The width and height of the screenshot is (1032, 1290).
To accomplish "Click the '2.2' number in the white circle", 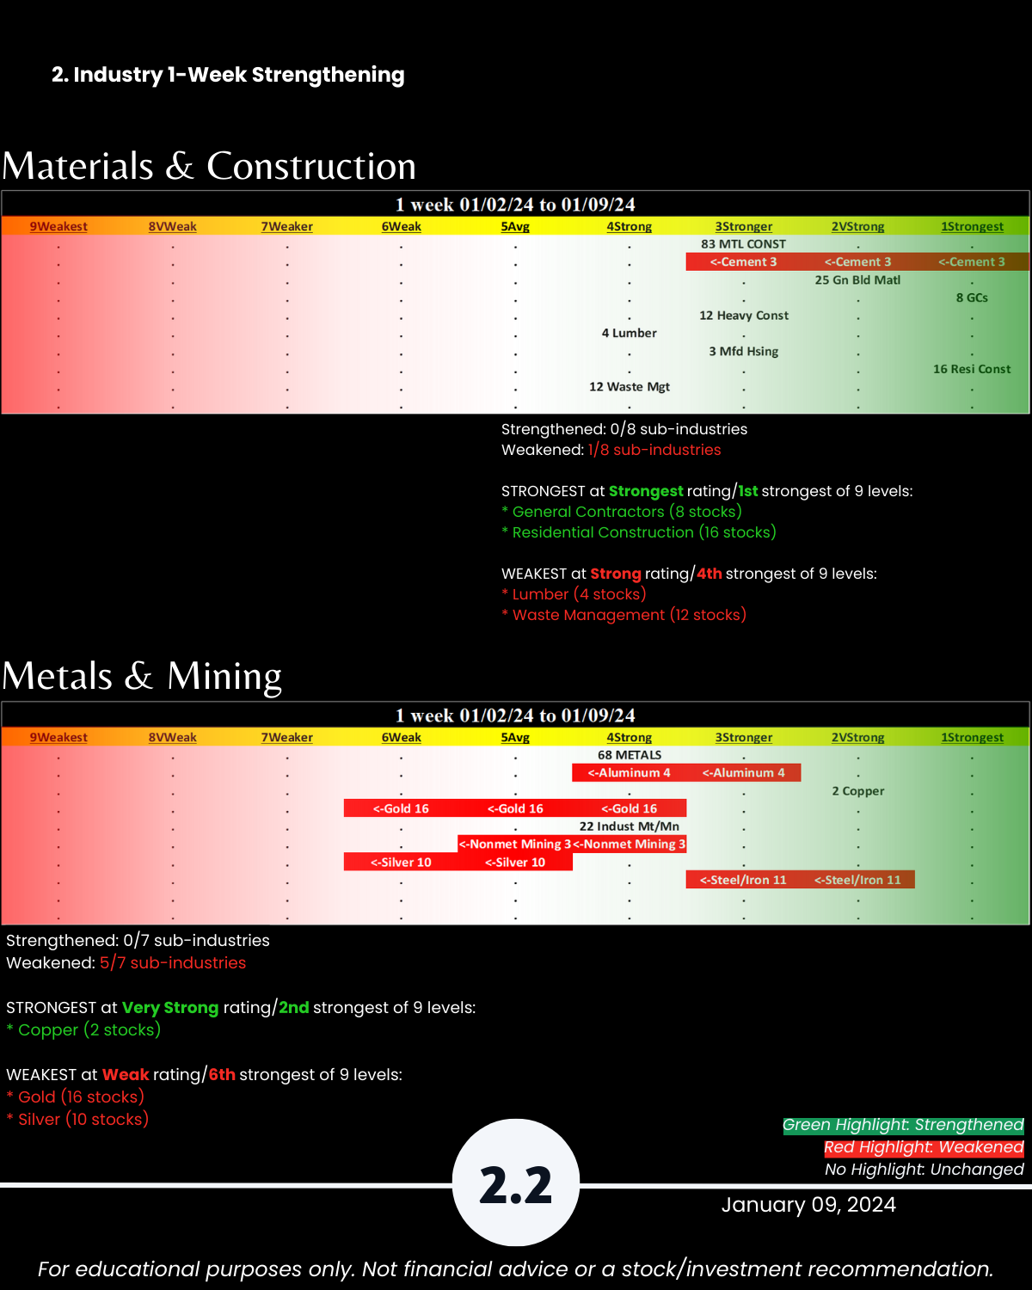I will [515, 1185].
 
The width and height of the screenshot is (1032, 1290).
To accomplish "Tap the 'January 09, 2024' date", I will [808, 1204].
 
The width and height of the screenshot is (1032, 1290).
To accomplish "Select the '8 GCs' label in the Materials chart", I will [972, 298].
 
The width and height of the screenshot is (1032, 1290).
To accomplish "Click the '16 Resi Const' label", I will [972, 369].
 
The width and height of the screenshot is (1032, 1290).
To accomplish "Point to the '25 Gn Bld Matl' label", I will [857, 279].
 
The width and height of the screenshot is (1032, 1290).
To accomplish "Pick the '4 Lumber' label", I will [629, 333].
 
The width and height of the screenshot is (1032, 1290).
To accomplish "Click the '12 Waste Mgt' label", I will [629, 387].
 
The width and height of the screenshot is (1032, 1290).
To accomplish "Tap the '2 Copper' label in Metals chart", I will [857, 791].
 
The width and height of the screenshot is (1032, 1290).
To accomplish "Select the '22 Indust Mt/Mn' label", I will [629, 826].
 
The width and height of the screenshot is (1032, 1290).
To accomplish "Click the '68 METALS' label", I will [629, 755].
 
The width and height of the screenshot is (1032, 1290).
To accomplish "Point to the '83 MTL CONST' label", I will [743, 244].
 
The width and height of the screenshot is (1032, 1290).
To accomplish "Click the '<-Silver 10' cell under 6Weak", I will [401, 863].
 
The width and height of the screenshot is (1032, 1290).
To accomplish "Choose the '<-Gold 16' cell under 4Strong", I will [629, 808].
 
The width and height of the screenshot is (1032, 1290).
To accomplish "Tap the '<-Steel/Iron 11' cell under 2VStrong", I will [857, 880].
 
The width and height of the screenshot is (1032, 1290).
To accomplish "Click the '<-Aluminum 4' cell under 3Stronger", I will [743, 773].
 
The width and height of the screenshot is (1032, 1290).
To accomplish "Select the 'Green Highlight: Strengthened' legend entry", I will [903, 1125].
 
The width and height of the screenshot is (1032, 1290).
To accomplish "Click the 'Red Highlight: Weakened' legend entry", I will [924, 1147].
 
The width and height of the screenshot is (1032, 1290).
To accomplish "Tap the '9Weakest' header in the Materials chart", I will [58, 226].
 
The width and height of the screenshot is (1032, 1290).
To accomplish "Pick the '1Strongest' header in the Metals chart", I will [972, 737].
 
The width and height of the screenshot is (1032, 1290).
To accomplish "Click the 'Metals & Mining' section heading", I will [142, 676].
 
